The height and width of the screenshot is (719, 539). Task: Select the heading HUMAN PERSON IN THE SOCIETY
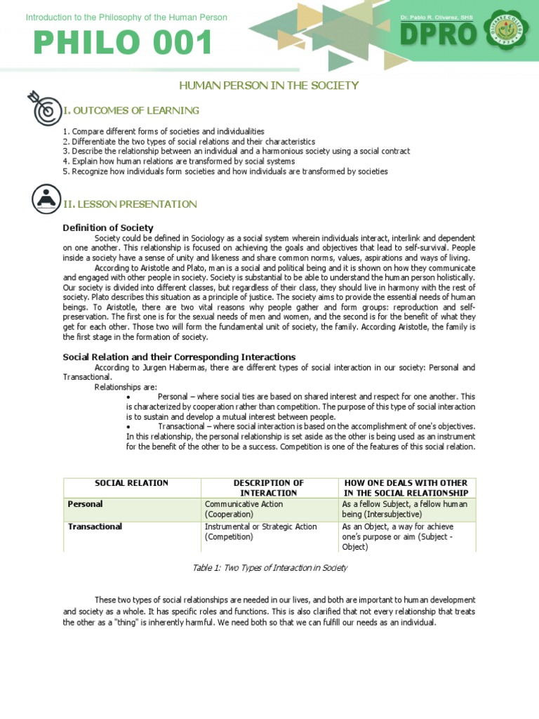click(x=269, y=86)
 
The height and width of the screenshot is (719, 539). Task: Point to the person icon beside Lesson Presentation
click(x=46, y=199)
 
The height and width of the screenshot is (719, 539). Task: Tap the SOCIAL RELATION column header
click(x=132, y=483)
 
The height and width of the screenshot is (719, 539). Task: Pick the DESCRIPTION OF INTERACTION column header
click(x=268, y=488)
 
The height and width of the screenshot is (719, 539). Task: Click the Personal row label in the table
click(x=85, y=504)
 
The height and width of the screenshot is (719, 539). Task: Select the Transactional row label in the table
click(x=95, y=527)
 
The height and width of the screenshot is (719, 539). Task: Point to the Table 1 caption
click(x=269, y=568)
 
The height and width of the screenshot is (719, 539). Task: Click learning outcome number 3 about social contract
click(x=236, y=151)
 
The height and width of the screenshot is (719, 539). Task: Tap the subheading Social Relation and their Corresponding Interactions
click(x=179, y=357)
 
